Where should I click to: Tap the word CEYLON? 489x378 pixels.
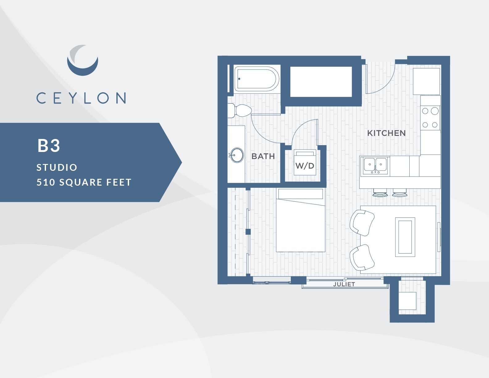(81, 98)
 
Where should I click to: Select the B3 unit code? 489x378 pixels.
(49, 145)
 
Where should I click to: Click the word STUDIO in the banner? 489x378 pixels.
(57, 167)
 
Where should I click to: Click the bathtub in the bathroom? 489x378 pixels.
(256, 79)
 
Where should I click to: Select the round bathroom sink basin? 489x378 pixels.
(237, 155)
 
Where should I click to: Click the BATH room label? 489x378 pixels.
(263, 156)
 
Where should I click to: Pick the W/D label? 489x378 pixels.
(305, 166)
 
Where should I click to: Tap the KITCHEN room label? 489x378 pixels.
(386, 133)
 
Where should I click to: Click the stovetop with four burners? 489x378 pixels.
(430, 118)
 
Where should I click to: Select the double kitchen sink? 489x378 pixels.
(375, 165)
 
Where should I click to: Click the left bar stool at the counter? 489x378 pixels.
(380, 193)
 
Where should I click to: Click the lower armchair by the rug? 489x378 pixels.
(362, 257)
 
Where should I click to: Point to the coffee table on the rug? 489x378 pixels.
(405, 237)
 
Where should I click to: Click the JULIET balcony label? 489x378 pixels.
(344, 284)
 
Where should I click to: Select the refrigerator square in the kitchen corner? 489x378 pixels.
(426, 81)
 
